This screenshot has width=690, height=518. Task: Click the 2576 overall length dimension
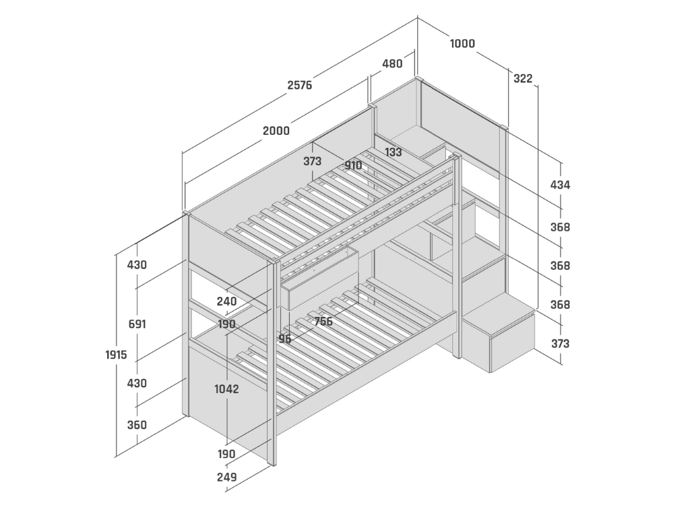click(300, 85)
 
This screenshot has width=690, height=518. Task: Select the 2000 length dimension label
click(276, 131)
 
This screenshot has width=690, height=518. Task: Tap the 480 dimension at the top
click(392, 64)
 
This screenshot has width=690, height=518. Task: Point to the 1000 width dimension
click(462, 44)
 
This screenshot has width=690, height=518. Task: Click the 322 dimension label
click(523, 78)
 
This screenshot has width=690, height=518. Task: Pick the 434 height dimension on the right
click(560, 185)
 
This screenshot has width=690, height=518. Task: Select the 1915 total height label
click(116, 355)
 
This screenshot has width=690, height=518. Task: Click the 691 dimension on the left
click(137, 324)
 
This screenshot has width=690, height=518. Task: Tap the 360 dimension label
click(137, 425)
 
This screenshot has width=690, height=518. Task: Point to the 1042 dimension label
click(226, 389)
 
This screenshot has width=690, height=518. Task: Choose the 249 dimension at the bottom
click(226, 478)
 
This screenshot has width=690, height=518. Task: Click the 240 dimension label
click(226, 301)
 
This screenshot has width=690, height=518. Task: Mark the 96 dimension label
click(285, 339)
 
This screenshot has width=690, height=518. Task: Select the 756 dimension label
click(323, 322)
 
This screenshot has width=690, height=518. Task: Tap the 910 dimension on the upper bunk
click(353, 165)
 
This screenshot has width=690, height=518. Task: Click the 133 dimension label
click(393, 152)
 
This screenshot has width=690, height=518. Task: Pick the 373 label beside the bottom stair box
click(560, 343)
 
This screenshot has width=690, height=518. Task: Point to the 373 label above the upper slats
click(313, 161)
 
